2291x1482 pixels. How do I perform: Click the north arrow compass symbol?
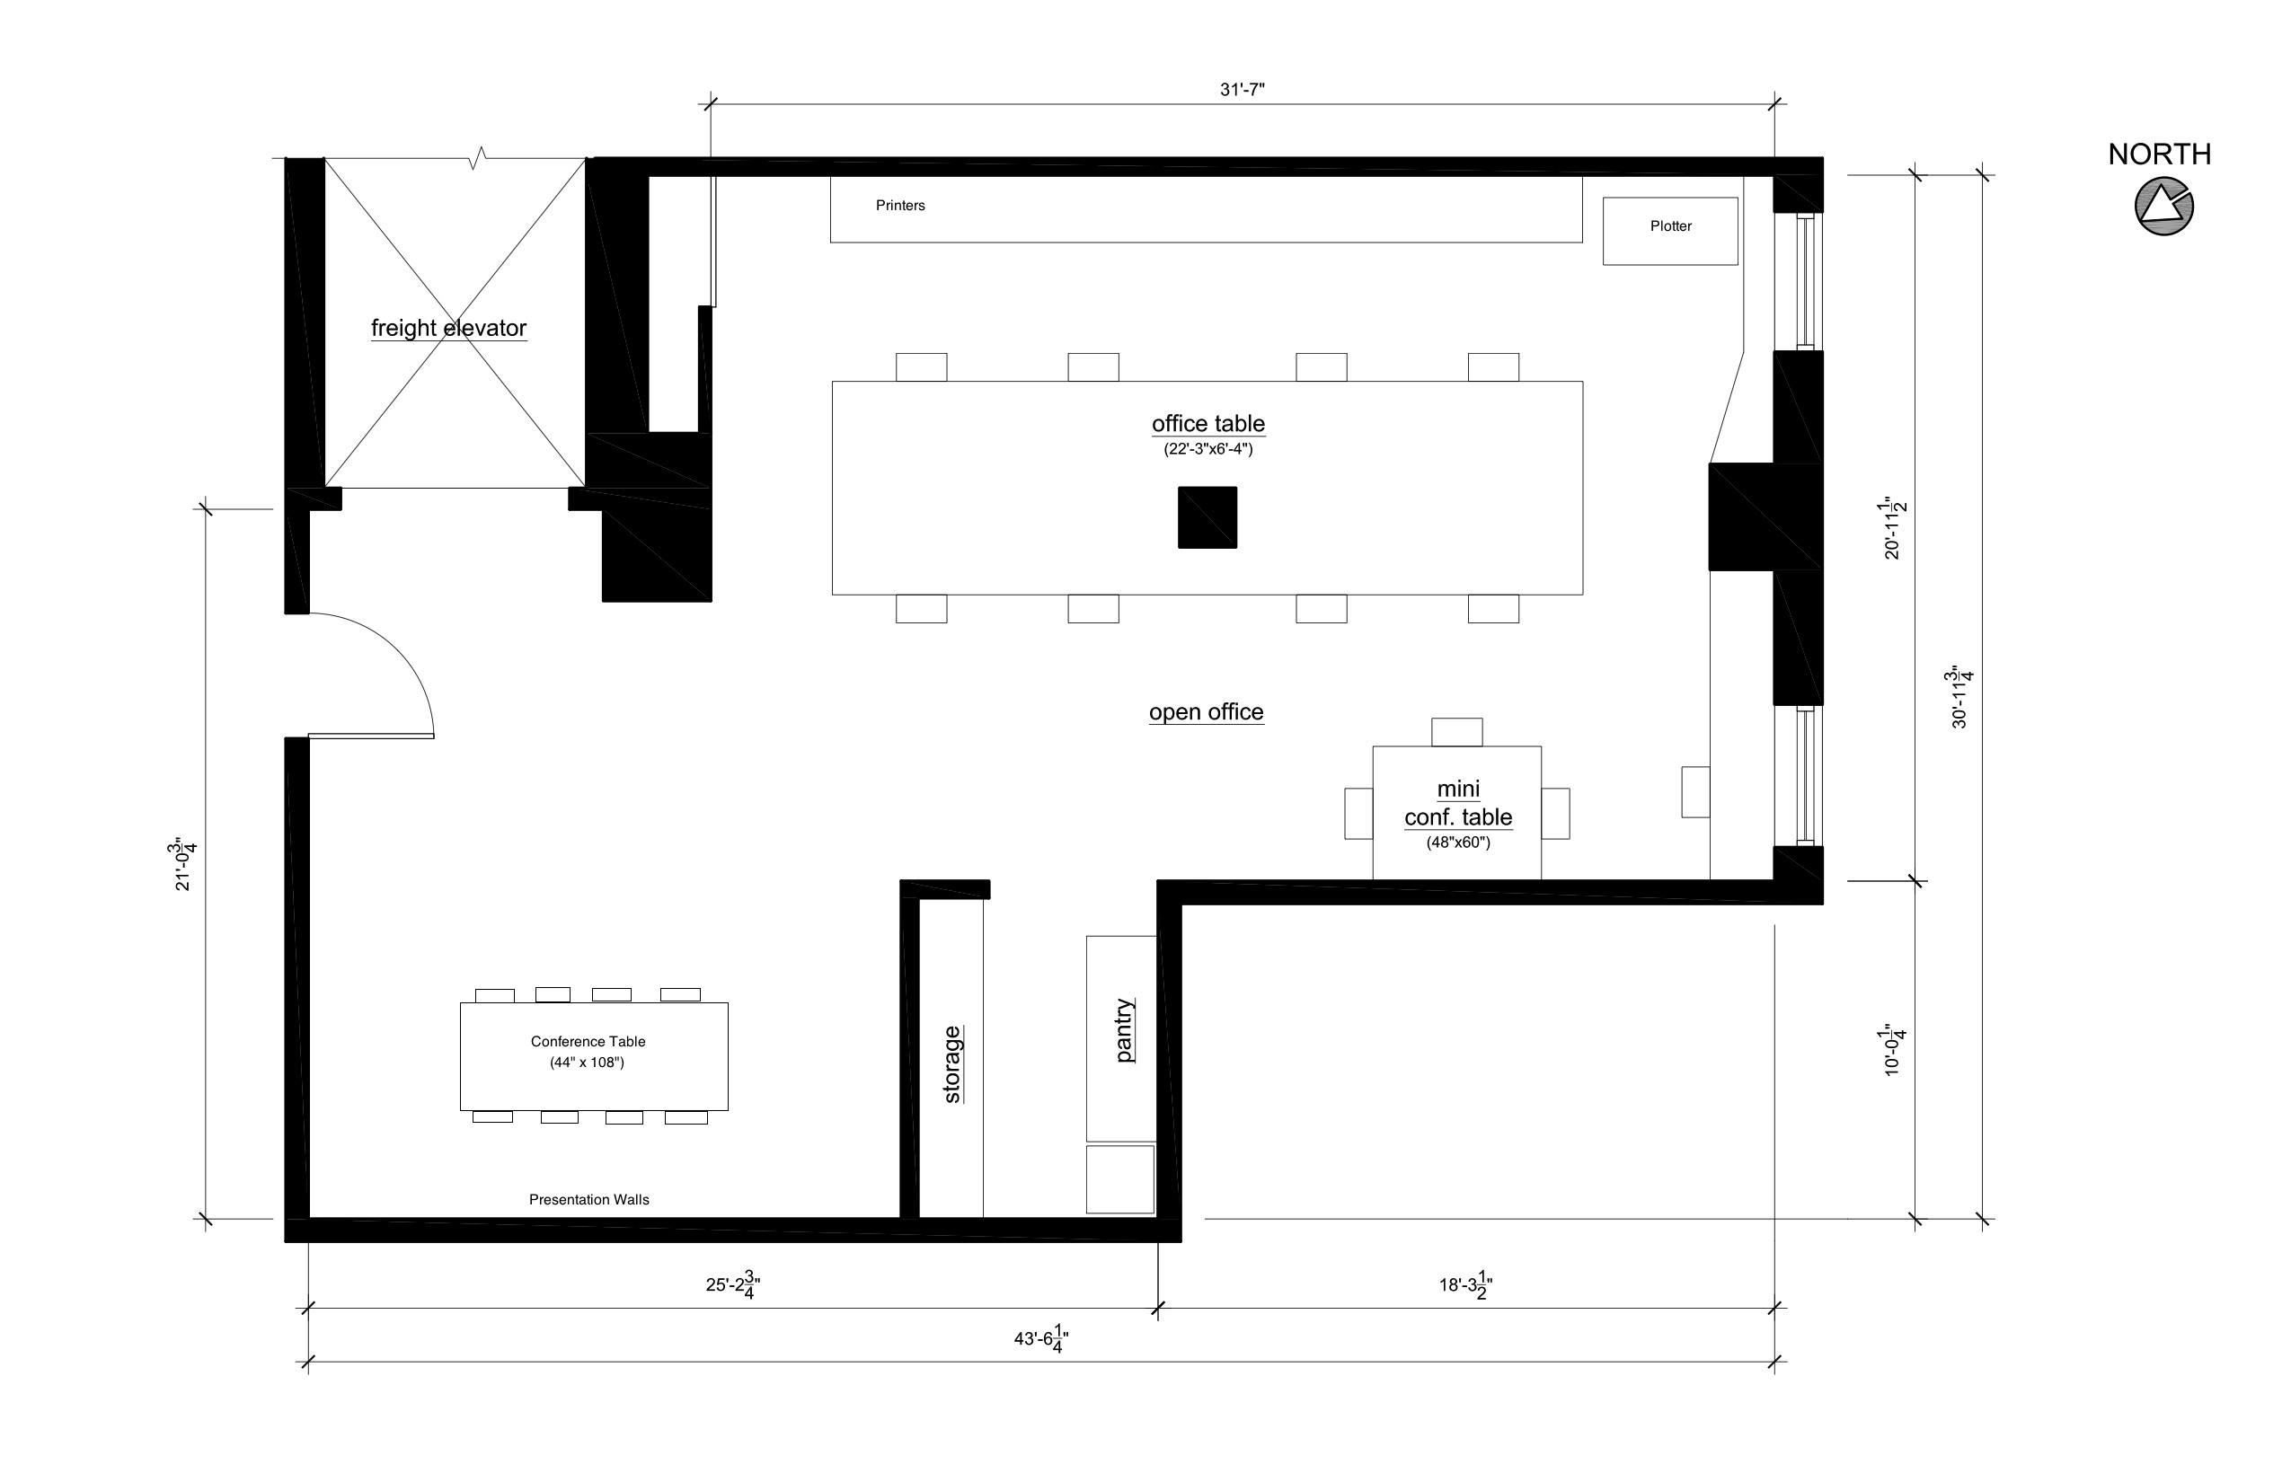(x=2163, y=207)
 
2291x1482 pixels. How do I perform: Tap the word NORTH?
(x=2158, y=154)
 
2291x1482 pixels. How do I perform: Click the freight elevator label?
(x=448, y=328)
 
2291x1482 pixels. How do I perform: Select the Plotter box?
(x=1669, y=230)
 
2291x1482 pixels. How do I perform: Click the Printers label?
(x=900, y=205)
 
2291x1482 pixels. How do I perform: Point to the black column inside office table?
(x=1207, y=516)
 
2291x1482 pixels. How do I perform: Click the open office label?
(x=1205, y=712)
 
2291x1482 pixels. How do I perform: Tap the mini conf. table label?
(x=1457, y=804)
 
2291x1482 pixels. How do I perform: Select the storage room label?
(x=952, y=1063)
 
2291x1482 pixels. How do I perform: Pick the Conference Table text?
(x=588, y=1041)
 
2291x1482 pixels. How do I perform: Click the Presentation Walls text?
(x=588, y=1199)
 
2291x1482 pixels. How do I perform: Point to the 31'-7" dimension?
(x=1242, y=90)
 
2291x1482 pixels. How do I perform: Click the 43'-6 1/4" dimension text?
(x=1040, y=1338)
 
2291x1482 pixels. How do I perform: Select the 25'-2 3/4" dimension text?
(x=732, y=1284)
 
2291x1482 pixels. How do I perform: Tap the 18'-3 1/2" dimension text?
(x=1465, y=1284)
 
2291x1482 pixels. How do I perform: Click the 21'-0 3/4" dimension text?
(x=185, y=865)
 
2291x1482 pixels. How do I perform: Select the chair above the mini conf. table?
(x=1455, y=731)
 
